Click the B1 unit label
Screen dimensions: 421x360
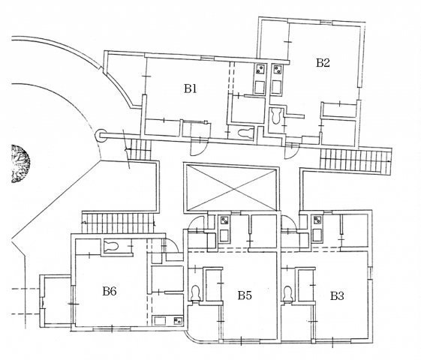(x=191, y=88)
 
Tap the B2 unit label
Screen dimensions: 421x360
(x=323, y=62)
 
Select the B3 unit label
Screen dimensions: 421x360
(x=337, y=296)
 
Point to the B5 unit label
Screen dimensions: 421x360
(x=245, y=295)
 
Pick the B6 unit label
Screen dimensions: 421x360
(x=110, y=291)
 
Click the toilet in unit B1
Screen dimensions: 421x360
(x=245, y=133)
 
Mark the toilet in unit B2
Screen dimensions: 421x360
(x=275, y=116)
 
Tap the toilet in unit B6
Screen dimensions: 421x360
(x=111, y=246)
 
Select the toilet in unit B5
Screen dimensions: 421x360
(x=195, y=293)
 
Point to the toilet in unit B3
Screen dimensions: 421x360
(x=288, y=294)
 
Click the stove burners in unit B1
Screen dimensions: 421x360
(x=260, y=69)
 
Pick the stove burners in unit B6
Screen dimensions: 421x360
(x=178, y=320)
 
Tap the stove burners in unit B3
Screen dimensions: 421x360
(x=317, y=220)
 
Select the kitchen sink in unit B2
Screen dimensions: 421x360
(x=275, y=88)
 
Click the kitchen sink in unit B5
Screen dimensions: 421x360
(x=224, y=235)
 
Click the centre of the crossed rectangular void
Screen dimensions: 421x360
(x=231, y=188)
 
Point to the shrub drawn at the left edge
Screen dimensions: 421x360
(x=20, y=163)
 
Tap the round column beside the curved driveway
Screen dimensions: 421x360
(x=101, y=136)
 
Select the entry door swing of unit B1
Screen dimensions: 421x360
(x=199, y=148)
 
